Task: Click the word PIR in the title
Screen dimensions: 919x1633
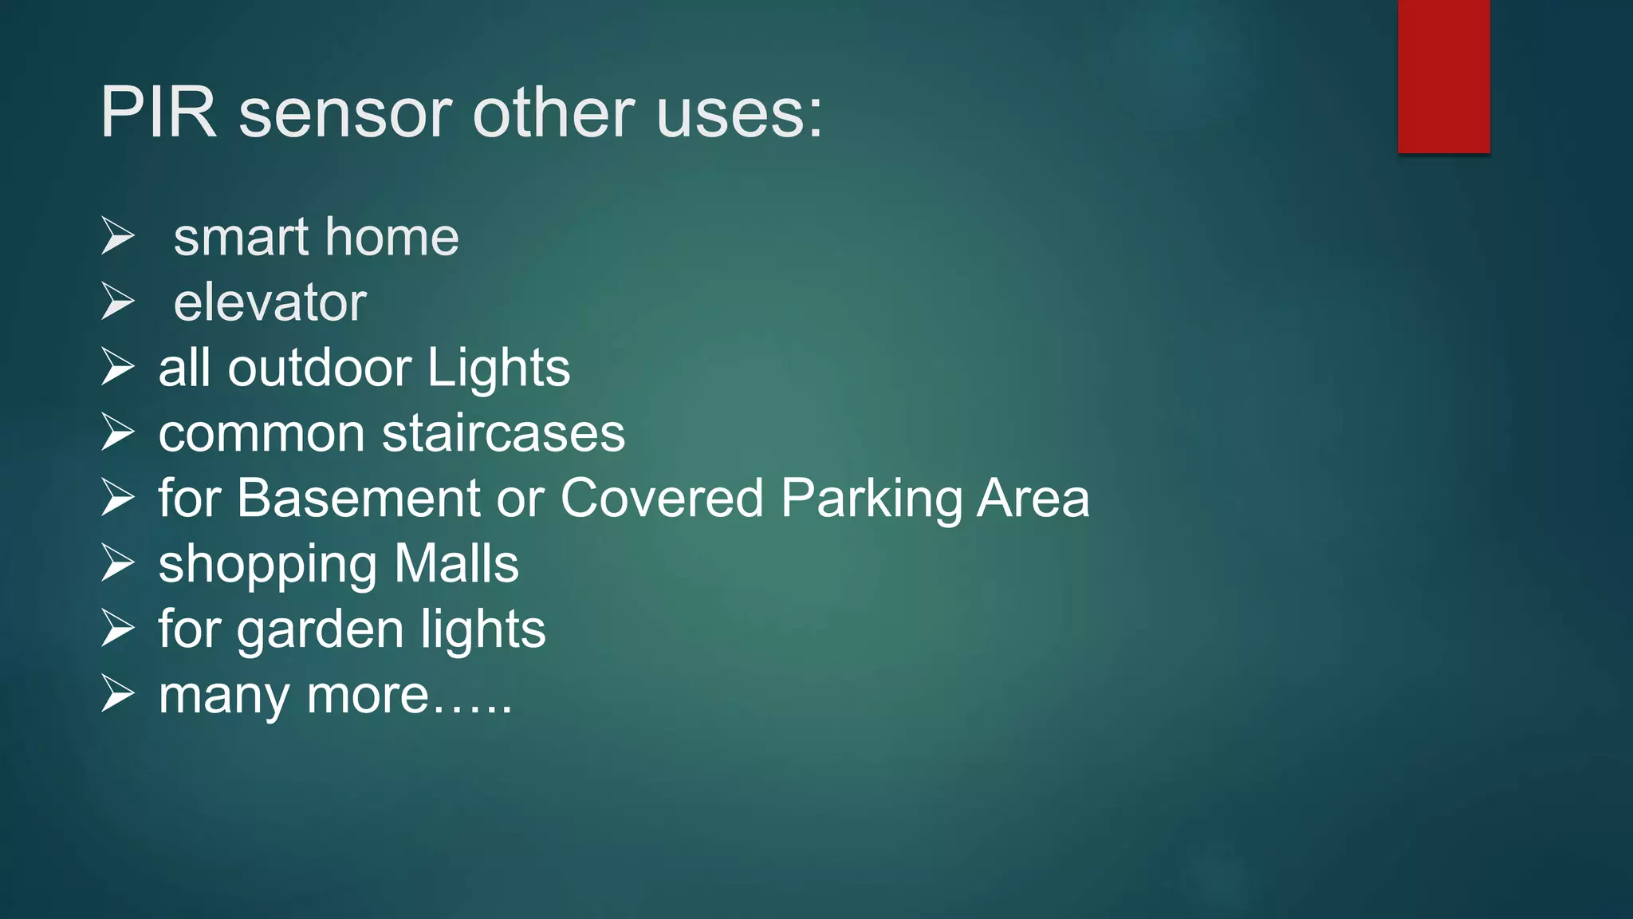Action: (x=158, y=112)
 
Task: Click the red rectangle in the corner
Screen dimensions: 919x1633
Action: (x=1443, y=76)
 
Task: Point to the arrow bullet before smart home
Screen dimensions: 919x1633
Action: (x=118, y=237)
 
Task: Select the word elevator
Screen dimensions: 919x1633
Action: (x=270, y=303)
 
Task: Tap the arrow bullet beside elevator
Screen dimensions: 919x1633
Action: (x=118, y=302)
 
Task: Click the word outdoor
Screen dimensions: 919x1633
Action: (x=319, y=368)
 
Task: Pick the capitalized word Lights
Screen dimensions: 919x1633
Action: (x=498, y=368)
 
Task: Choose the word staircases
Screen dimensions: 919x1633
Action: (x=503, y=434)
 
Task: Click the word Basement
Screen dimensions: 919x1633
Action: (x=359, y=499)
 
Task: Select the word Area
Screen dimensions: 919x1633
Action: (x=1033, y=499)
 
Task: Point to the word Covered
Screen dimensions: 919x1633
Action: (x=662, y=499)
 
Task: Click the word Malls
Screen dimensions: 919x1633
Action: (x=456, y=564)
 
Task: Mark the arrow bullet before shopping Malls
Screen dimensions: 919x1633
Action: (x=118, y=563)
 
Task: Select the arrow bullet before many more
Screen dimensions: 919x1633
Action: (x=118, y=694)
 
